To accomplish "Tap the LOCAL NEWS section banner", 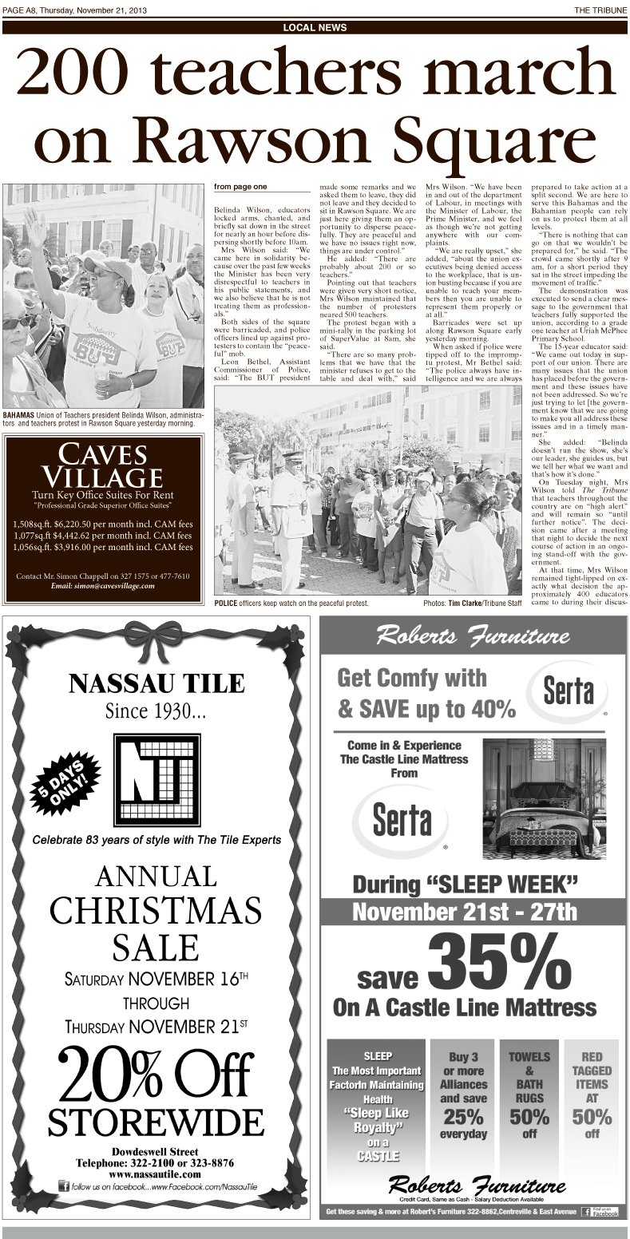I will tap(315, 28).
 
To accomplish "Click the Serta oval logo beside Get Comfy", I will tap(565, 691).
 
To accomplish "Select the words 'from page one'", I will tap(240, 188).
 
